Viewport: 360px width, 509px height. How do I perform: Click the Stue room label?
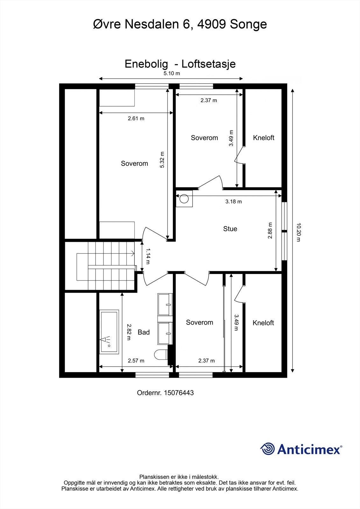click(230, 229)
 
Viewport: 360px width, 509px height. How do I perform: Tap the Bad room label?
click(144, 332)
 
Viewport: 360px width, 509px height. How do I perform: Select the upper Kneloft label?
click(264, 138)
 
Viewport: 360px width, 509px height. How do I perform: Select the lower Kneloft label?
click(263, 323)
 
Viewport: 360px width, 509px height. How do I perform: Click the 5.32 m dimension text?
click(162, 160)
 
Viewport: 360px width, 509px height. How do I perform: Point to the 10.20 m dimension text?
click(298, 232)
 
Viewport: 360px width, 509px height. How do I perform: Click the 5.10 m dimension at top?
click(172, 73)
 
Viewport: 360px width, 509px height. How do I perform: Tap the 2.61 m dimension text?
click(136, 118)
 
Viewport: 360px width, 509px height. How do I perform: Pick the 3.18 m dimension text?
click(233, 201)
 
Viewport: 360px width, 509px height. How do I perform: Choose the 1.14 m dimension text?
click(148, 256)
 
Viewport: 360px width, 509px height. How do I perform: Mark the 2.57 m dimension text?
click(136, 360)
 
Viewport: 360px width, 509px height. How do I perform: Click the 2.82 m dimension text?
click(129, 332)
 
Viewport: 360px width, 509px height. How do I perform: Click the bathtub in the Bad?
click(109, 331)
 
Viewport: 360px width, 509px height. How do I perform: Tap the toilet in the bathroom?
click(160, 354)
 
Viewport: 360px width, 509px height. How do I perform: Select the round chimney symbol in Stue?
click(184, 199)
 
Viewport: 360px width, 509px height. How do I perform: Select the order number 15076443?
click(179, 393)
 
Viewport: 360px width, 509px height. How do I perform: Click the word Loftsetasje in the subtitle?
click(208, 64)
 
